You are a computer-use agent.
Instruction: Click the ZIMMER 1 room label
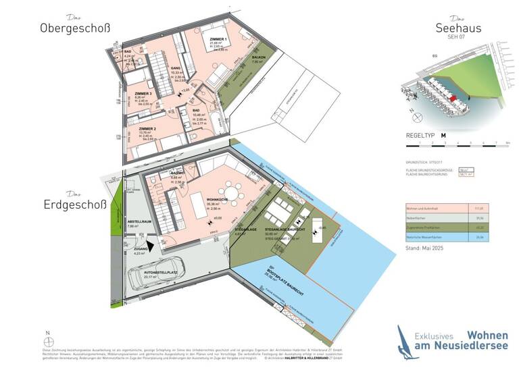[218, 40]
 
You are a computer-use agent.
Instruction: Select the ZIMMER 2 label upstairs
[147, 128]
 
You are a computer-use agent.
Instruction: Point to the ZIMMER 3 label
[143, 94]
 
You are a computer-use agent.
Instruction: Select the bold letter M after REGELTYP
[443, 135]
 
